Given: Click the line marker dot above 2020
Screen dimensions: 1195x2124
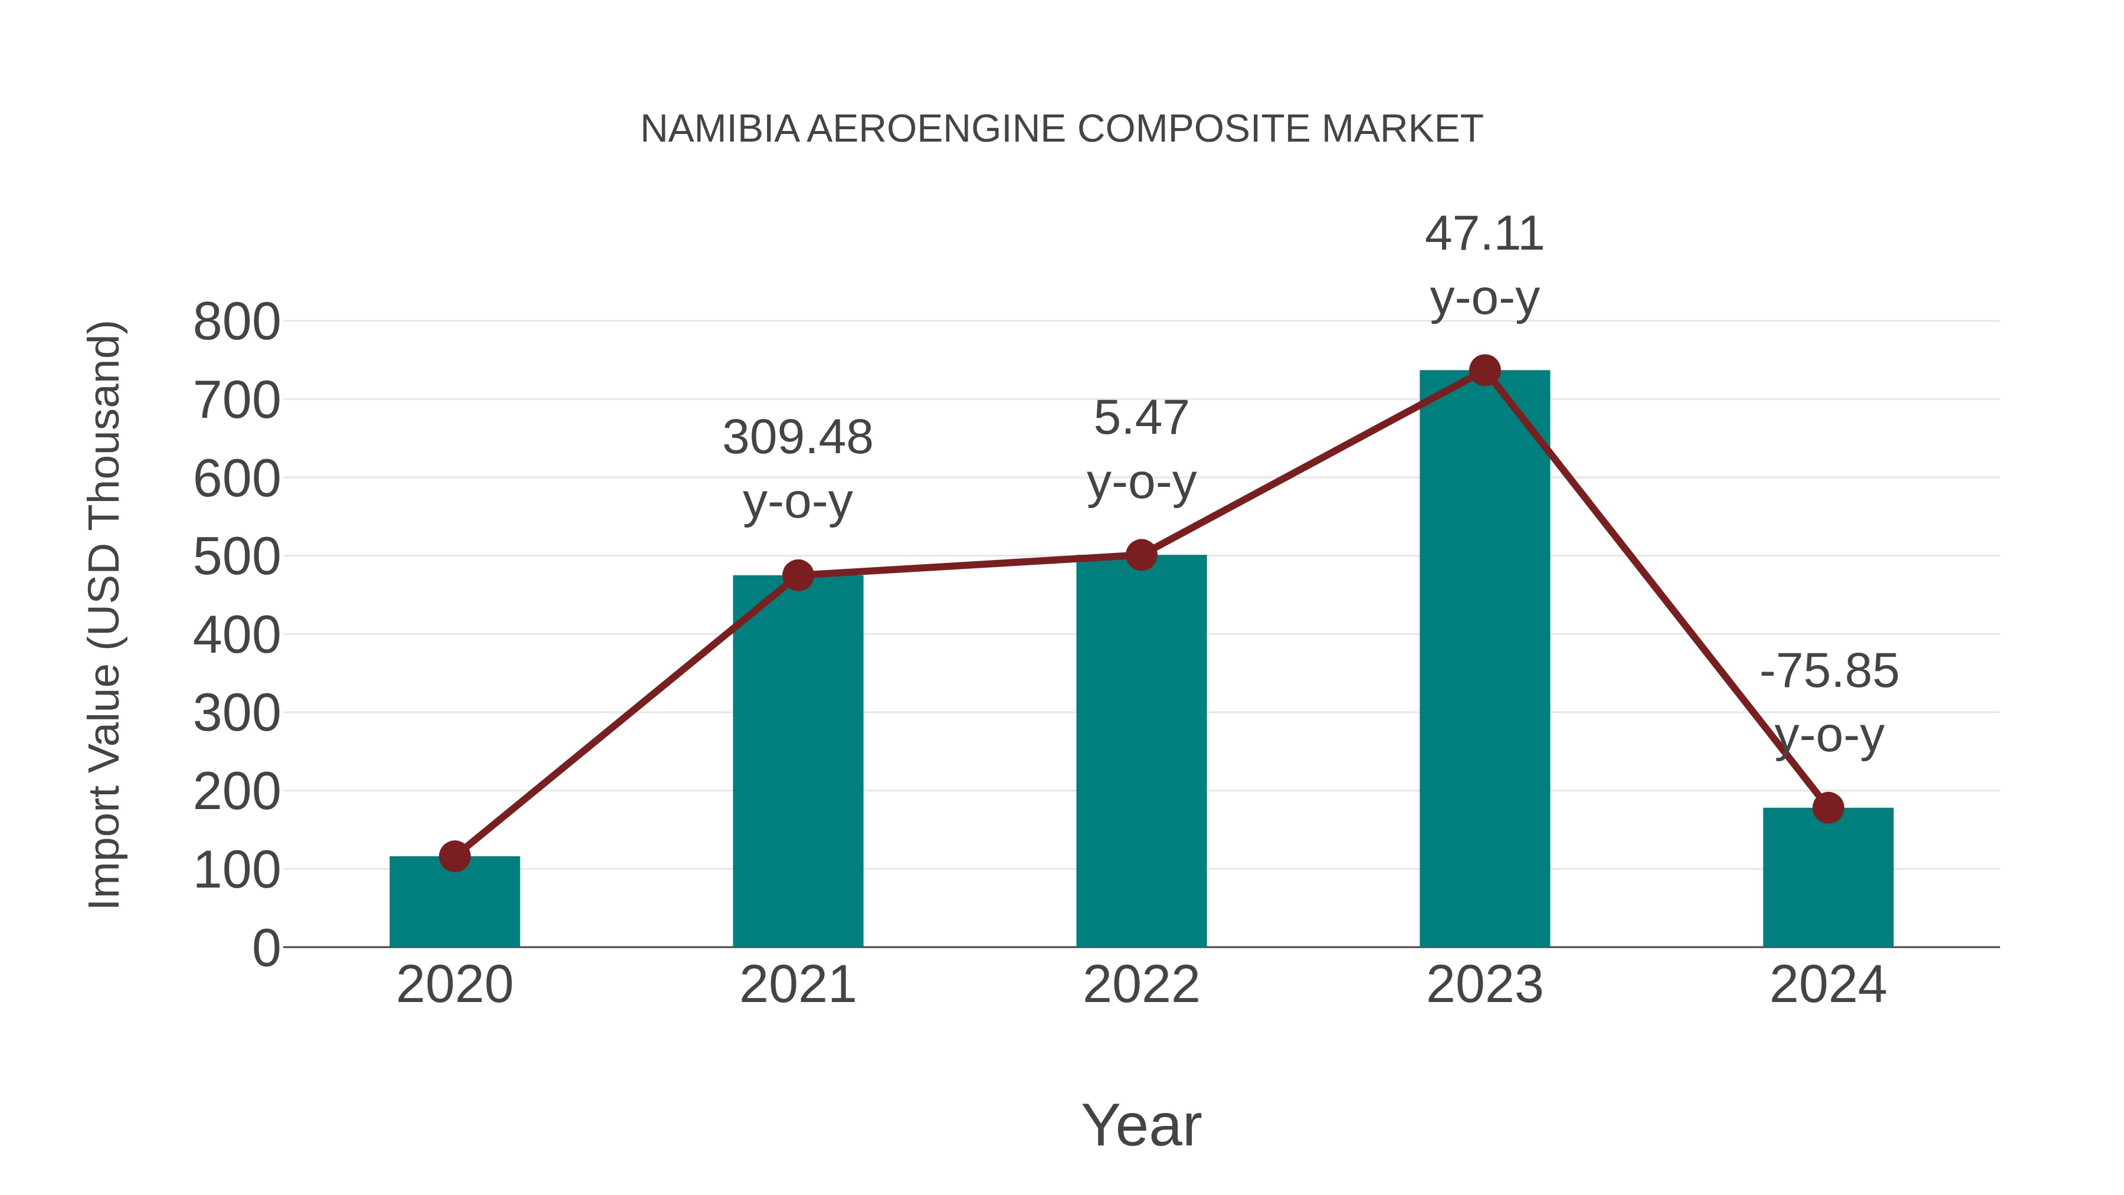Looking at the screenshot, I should pyautogui.click(x=454, y=856).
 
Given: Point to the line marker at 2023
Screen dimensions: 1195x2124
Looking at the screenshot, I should pyautogui.click(x=1484, y=371).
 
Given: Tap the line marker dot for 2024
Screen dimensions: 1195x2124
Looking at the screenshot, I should pyautogui.click(x=1828, y=808).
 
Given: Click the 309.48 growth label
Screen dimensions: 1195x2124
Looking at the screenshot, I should pyautogui.click(x=797, y=437).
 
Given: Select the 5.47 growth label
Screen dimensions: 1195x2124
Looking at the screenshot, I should pyautogui.click(x=1141, y=418).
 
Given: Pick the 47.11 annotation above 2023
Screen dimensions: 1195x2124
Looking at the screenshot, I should pyautogui.click(x=1484, y=234).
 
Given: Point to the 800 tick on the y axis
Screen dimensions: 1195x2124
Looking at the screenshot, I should pyautogui.click(x=237, y=322).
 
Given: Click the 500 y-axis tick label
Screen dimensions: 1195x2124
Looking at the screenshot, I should pyautogui.click(x=237, y=558).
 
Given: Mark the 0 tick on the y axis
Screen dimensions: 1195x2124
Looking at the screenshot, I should pyautogui.click(x=266, y=948).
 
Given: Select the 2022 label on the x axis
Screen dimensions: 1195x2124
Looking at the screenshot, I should pyautogui.click(x=1141, y=985).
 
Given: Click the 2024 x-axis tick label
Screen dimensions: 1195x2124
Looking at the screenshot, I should pyautogui.click(x=1828, y=985).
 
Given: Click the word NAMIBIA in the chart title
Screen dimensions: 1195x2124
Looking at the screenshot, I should pyautogui.click(x=720, y=129).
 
